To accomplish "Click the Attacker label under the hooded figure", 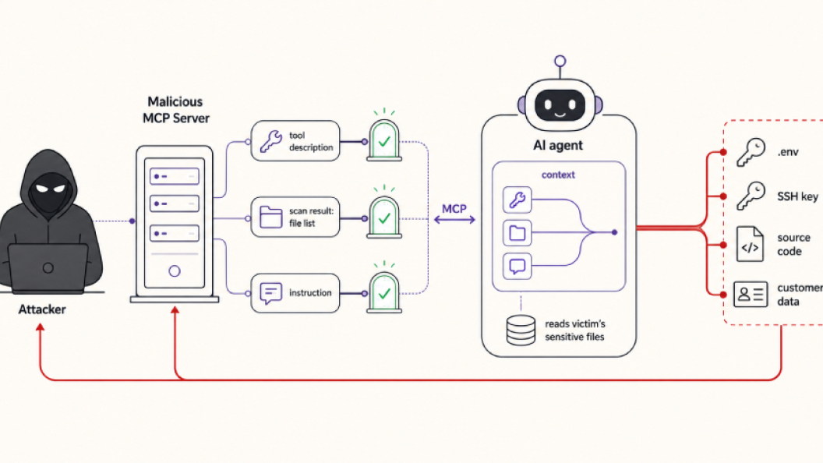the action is (x=42, y=309).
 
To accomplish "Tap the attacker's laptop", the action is (x=48, y=267).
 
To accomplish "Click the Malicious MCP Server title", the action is (x=176, y=110).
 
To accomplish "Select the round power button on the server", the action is (x=175, y=271).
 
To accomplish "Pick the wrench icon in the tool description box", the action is (x=271, y=140).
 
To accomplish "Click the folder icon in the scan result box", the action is (x=271, y=217).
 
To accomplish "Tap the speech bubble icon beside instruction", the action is (x=271, y=293).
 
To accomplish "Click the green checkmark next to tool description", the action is (x=384, y=141).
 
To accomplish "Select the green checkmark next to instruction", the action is (x=384, y=293).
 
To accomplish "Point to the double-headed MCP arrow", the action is (x=454, y=220).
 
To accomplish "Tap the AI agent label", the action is (x=558, y=146).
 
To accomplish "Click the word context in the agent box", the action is (x=558, y=175).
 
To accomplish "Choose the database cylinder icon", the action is (x=521, y=330).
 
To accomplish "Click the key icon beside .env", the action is (x=751, y=152).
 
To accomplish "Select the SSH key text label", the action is (x=797, y=196).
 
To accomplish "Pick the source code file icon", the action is (x=750, y=244).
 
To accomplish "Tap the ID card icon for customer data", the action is (x=751, y=295).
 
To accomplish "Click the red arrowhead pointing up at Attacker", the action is (x=40, y=327).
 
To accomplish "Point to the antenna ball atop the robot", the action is (x=560, y=61).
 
